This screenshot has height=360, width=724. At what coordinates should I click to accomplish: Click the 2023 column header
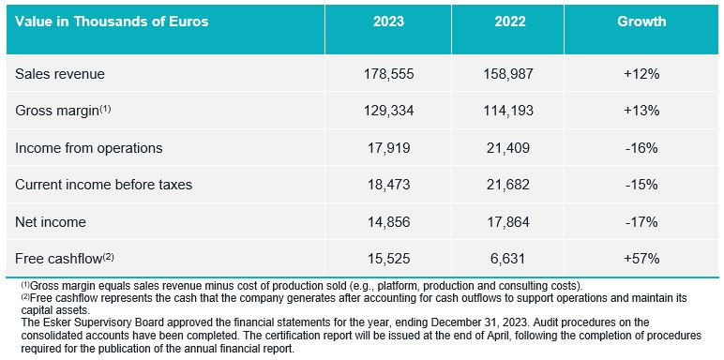click(388, 22)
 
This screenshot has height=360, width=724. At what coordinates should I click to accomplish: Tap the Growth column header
click(641, 22)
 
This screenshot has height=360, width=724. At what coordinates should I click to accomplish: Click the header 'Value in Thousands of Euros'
click(112, 22)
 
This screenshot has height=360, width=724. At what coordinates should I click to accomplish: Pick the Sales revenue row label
click(60, 74)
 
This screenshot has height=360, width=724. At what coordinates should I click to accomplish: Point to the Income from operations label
click(89, 148)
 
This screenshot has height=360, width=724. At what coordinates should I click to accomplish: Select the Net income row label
click(51, 222)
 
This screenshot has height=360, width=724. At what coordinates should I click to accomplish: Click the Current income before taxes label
click(103, 185)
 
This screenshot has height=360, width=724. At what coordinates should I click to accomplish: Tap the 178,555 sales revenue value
click(388, 74)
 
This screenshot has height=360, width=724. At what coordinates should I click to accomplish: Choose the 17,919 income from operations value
click(388, 148)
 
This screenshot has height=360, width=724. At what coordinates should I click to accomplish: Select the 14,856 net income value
click(388, 222)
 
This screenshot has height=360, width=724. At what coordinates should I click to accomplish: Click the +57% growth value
click(641, 259)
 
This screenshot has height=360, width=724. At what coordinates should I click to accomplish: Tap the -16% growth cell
click(641, 148)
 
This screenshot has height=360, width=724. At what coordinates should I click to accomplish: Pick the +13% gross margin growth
click(641, 111)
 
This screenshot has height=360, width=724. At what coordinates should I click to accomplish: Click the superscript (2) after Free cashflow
click(108, 257)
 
